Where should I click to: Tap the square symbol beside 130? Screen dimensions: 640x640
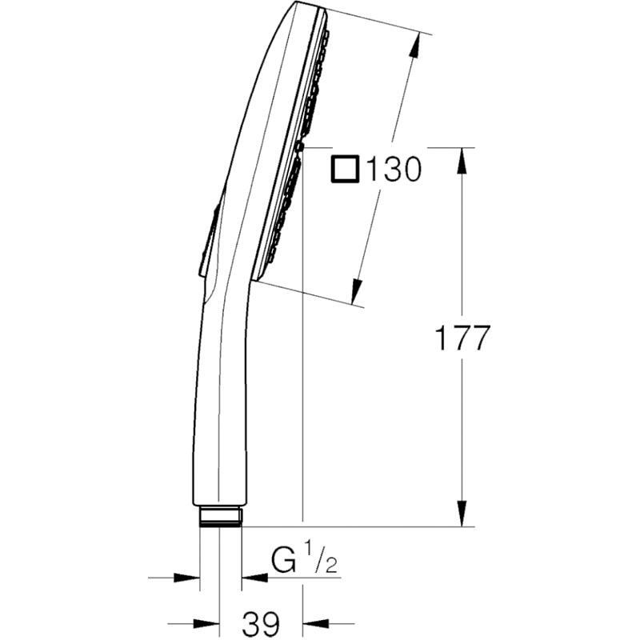(346, 170)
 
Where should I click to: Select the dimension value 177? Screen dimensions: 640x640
(461, 338)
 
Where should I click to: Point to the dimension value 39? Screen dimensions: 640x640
(260, 622)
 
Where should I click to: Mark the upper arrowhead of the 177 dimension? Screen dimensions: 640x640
(462, 161)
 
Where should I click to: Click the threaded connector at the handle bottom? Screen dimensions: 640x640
(220, 516)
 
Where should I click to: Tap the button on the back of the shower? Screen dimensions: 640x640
(208, 240)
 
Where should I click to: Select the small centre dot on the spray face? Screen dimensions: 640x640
(301, 146)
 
